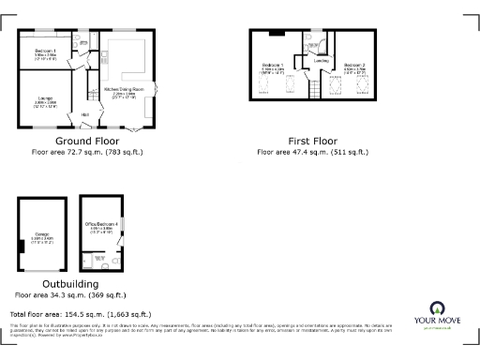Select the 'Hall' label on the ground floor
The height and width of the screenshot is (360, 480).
coord(85,114)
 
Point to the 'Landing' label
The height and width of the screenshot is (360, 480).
coord(321,63)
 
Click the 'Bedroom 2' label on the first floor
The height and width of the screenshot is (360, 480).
coord(352,66)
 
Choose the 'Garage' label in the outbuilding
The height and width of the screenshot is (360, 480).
coord(41,237)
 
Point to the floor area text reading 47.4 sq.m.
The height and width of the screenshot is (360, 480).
coord(312,151)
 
